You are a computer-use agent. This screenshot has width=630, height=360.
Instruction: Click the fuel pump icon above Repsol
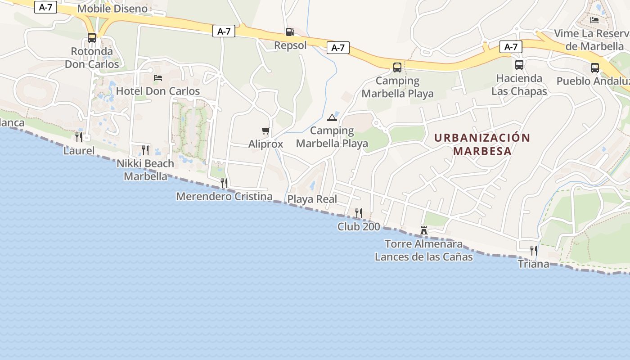tap(290, 32)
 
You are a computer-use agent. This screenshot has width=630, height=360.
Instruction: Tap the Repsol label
tap(290, 45)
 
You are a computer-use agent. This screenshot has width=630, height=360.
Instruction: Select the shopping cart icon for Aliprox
tap(265, 131)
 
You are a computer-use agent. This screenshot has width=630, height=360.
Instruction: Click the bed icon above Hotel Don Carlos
tap(158, 78)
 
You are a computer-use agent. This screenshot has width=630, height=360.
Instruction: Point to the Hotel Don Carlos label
tap(158, 91)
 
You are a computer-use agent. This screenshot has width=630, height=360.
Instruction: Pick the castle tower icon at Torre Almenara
tap(423, 230)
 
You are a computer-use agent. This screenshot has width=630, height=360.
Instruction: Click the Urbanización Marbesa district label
tap(482, 144)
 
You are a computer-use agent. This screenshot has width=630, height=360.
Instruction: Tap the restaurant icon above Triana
tap(533, 250)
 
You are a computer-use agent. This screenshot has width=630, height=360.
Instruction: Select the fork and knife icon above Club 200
tap(359, 213)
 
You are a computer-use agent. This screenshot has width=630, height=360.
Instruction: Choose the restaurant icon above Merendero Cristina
tap(224, 183)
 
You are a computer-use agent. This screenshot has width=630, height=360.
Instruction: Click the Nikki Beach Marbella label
tap(145, 170)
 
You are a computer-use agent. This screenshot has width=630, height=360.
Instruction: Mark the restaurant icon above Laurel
tap(79, 137)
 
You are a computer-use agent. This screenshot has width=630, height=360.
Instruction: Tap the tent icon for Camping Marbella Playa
tap(332, 118)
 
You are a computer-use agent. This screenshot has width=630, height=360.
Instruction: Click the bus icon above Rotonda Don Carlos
tap(92, 38)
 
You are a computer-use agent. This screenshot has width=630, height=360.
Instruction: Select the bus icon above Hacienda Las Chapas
tap(519, 65)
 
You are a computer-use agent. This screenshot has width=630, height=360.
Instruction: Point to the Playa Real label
tap(312, 199)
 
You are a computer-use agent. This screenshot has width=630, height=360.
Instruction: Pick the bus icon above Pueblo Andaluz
tap(595, 68)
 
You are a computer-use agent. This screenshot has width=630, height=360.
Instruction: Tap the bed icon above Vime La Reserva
tap(594, 20)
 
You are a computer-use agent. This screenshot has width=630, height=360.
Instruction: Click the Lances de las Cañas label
tap(423, 257)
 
